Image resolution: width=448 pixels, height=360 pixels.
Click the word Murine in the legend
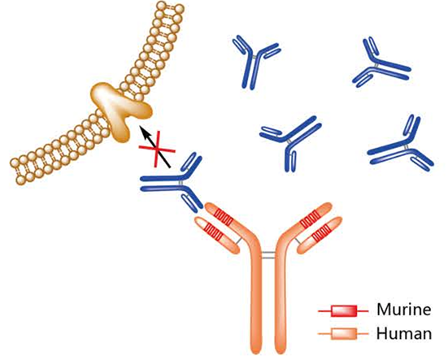coord(404,309)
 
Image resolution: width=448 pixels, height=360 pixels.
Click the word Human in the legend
coord(404,333)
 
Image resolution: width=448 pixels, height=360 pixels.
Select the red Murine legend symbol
coord(343,311)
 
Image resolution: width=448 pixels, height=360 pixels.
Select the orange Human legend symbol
coord(343,333)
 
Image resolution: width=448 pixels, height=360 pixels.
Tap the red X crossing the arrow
coord(157,150)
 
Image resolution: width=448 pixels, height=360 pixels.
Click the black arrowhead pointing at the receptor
coord(144,132)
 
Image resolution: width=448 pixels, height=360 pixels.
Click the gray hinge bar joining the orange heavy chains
coord(268,255)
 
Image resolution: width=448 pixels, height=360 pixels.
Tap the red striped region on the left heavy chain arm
coord(224,216)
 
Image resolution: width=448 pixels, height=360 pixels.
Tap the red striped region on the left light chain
coord(215,230)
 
